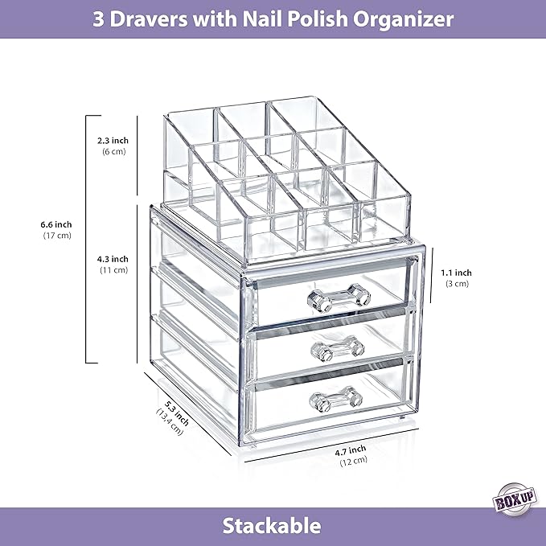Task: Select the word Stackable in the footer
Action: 273,527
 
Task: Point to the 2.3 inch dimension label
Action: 112,141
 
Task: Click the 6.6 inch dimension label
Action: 57,224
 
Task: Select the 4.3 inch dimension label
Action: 112,259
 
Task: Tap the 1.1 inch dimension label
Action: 456,273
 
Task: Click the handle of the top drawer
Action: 338,299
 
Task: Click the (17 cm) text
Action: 57,236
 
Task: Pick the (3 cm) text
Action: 456,284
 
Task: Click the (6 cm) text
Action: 112,152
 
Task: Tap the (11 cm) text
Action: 112,270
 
